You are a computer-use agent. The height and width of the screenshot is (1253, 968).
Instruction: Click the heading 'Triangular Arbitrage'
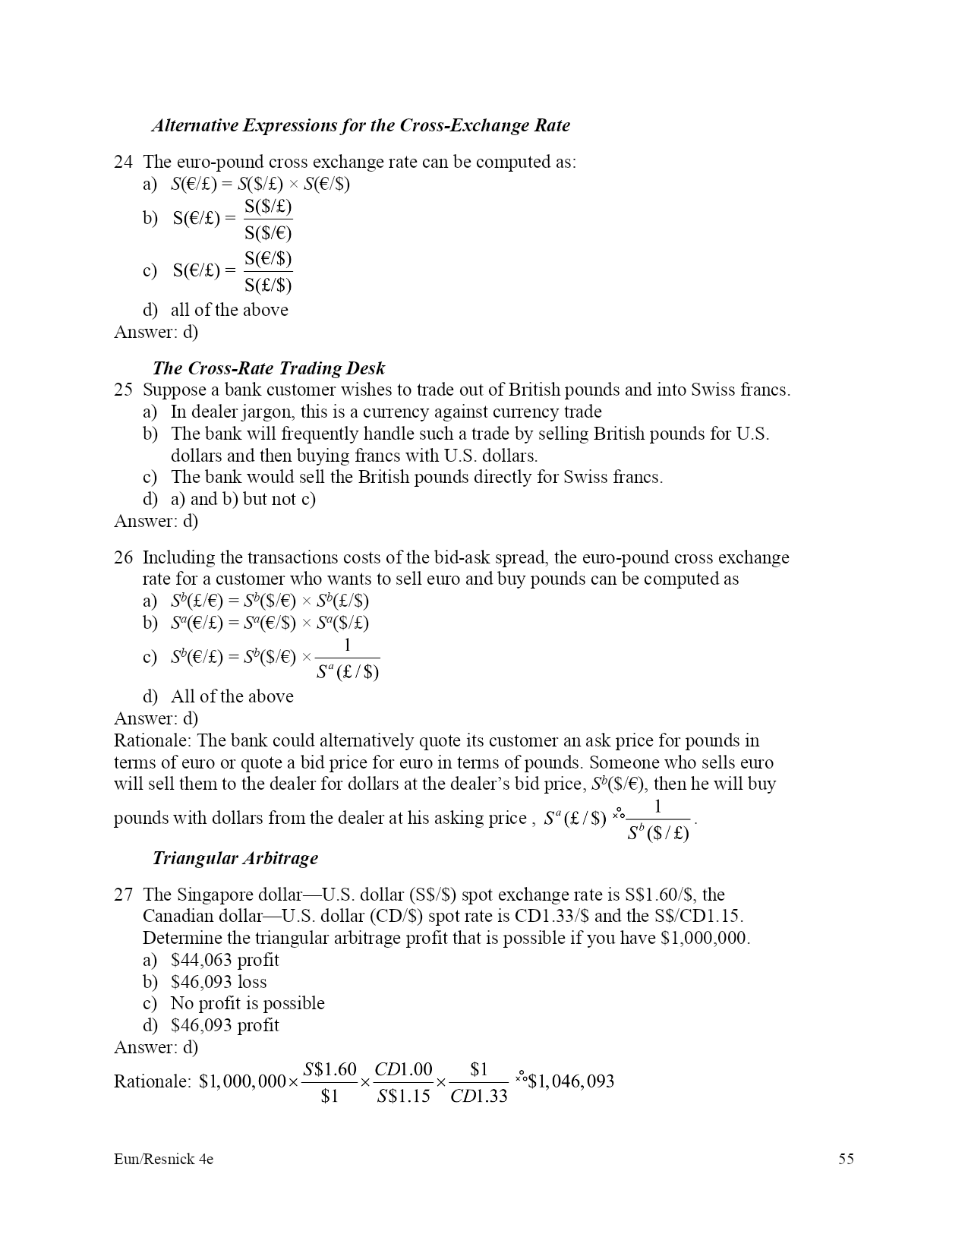235,858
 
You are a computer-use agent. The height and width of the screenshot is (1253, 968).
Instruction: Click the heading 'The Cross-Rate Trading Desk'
268,368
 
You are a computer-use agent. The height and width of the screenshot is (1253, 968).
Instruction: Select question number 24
123,162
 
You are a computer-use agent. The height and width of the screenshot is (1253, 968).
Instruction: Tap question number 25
123,390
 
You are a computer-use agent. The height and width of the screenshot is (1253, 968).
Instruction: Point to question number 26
123,557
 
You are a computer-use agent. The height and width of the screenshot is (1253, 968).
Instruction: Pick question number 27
123,895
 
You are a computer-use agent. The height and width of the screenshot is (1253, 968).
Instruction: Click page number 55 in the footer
846,1159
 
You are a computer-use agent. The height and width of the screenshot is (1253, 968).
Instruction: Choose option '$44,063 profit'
225,960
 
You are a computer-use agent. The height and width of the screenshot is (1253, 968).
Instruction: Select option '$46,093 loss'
219,982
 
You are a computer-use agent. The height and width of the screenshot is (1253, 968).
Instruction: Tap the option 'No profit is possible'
248,1003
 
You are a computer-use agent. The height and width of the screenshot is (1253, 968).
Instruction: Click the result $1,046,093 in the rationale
570,1081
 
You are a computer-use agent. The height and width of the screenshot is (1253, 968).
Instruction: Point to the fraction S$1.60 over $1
329,1082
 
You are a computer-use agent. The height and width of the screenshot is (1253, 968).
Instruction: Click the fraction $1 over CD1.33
478,1082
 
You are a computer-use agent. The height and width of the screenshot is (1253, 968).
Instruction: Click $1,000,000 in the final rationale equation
242,1081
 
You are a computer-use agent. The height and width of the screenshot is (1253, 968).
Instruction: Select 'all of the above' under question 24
229,310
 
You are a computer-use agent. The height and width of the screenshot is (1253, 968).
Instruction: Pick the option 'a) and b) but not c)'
243,499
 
